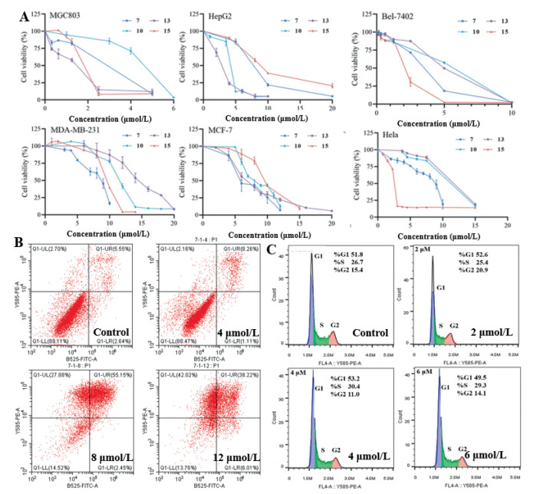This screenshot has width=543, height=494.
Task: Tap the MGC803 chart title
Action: pos(66,14)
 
